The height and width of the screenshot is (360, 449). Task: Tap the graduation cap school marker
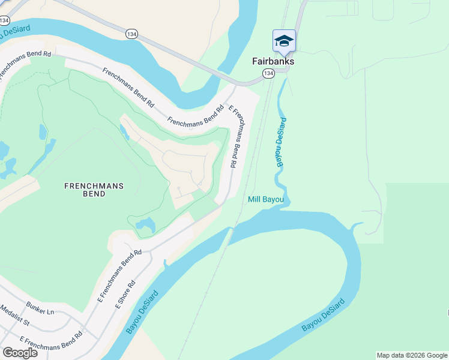coord(284,40)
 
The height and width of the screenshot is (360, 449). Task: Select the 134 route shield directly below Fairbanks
coord(268,73)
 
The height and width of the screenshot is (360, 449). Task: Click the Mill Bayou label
coord(266,199)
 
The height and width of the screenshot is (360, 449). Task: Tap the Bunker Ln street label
coord(40,311)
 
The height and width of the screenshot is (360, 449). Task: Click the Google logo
coord(20,353)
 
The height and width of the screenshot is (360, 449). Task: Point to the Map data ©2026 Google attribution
coord(412,355)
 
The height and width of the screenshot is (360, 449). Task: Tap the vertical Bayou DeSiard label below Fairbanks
coord(280,143)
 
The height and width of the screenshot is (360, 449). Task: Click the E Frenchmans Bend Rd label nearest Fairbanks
coord(237,137)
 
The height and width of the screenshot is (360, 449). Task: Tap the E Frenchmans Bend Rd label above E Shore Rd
coord(119,276)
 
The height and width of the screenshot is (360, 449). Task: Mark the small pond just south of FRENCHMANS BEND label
coord(146,226)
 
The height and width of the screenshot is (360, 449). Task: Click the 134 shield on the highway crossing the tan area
coord(131,34)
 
